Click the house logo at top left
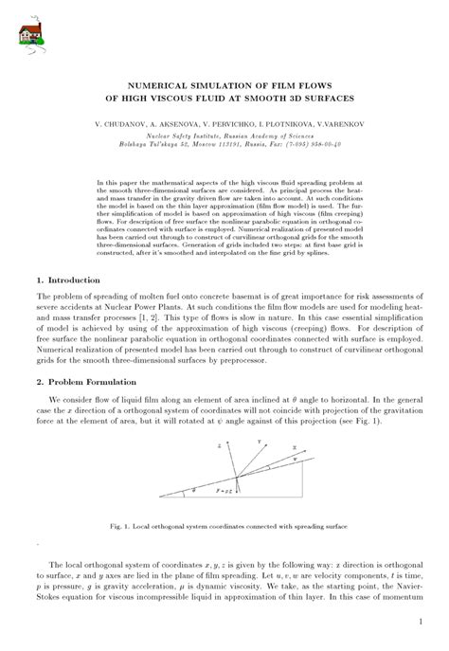click(x=31, y=33)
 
